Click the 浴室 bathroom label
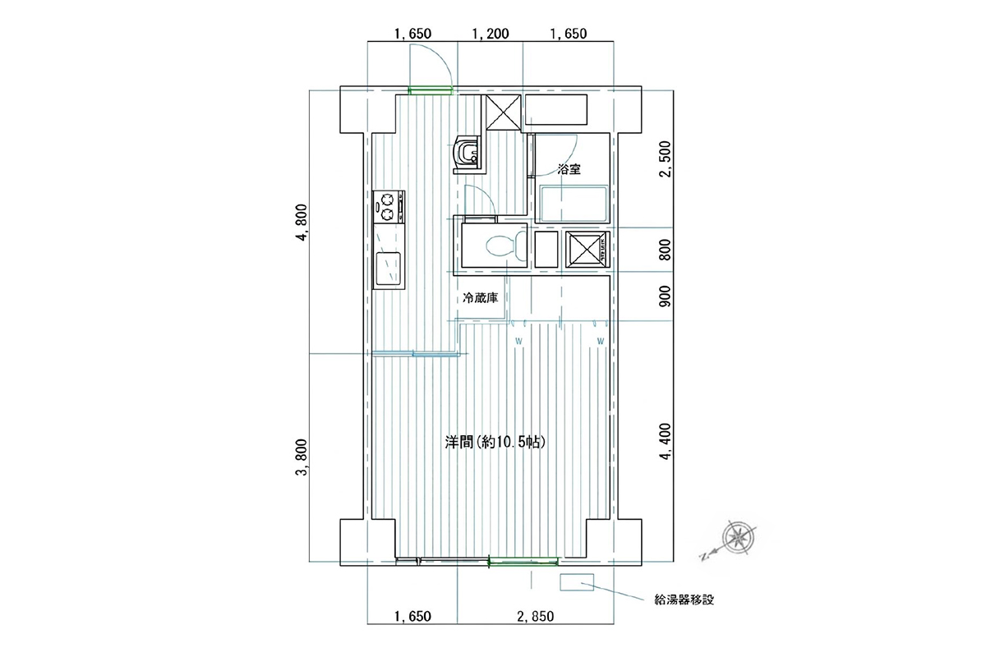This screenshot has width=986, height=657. pyautogui.click(x=569, y=169)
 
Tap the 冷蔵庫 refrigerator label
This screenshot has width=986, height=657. pyautogui.click(x=480, y=298)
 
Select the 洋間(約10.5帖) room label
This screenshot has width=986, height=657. pyautogui.click(x=495, y=443)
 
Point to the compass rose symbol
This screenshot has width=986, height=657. pyautogui.click(x=739, y=538)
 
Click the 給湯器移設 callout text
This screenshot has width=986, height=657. pyautogui.click(x=684, y=600)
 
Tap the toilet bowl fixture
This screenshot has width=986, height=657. pyautogui.click(x=505, y=246)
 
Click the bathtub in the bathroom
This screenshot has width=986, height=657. pyautogui.click(x=574, y=204)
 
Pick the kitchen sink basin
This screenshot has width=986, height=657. pyautogui.click(x=81, y=268)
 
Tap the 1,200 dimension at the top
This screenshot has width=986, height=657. pyautogui.click(x=491, y=34)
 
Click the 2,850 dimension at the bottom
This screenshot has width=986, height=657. pyautogui.click(x=535, y=617)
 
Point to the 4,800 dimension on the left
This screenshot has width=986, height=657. pyautogui.click(x=303, y=223)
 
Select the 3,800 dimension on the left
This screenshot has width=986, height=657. pyautogui.click(x=303, y=457)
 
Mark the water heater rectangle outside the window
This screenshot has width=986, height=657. pyautogui.click(x=577, y=582)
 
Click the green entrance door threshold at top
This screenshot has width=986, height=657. pyautogui.click(x=431, y=91)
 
